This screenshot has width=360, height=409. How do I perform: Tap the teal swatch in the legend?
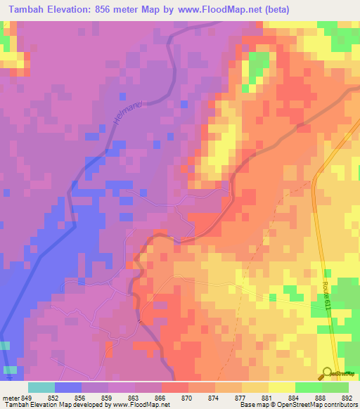(x=41, y=387)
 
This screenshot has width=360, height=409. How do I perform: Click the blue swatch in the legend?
(x=68, y=387)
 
